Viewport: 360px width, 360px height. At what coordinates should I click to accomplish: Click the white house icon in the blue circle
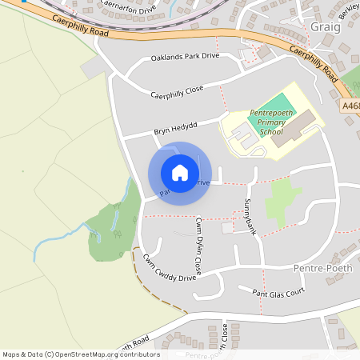(179, 173)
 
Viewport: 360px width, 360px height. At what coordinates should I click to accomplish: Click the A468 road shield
(351, 105)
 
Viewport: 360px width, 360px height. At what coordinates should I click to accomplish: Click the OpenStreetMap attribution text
(81, 354)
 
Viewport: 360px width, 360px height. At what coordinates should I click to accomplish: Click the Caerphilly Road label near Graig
(311, 63)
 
